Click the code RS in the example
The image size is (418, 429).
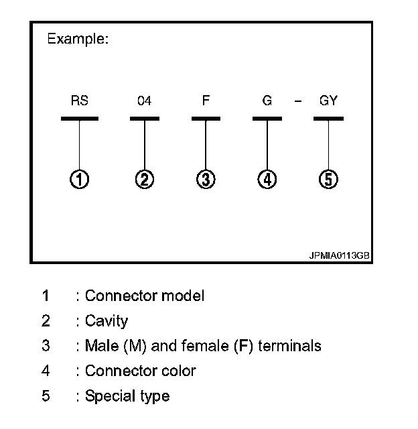pyautogui.click(x=79, y=101)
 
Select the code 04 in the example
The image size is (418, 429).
pyautogui.click(x=144, y=101)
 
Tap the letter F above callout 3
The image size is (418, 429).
pyautogui.click(x=206, y=101)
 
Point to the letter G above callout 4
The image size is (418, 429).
pyautogui.click(x=267, y=101)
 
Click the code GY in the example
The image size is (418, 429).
pyautogui.click(x=328, y=101)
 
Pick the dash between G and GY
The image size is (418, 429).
pyautogui.click(x=298, y=102)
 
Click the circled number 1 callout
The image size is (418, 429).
pyautogui.click(x=80, y=179)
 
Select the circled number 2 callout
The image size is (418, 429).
pyautogui.click(x=145, y=179)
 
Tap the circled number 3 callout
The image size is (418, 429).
pyautogui.click(x=206, y=179)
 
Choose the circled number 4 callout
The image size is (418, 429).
pyautogui.click(x=267, y=179)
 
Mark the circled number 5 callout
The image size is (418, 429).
pyautogui.click(x=328, y=179)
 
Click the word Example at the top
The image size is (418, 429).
pyautogui.click(x=78, y=39)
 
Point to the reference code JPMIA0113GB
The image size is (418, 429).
pyautogui.click(x=340, y=256)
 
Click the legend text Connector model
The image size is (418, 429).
pyautogui.click(x=145, y=296)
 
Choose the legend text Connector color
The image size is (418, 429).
pyautogui.click(x=140, y=371)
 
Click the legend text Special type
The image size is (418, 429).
pyautogui.click(x=127, y=396)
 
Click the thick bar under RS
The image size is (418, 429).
pyautogui.click(x=80, y=119)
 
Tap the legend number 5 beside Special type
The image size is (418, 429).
pyautogui.click(x=46, y=396)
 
